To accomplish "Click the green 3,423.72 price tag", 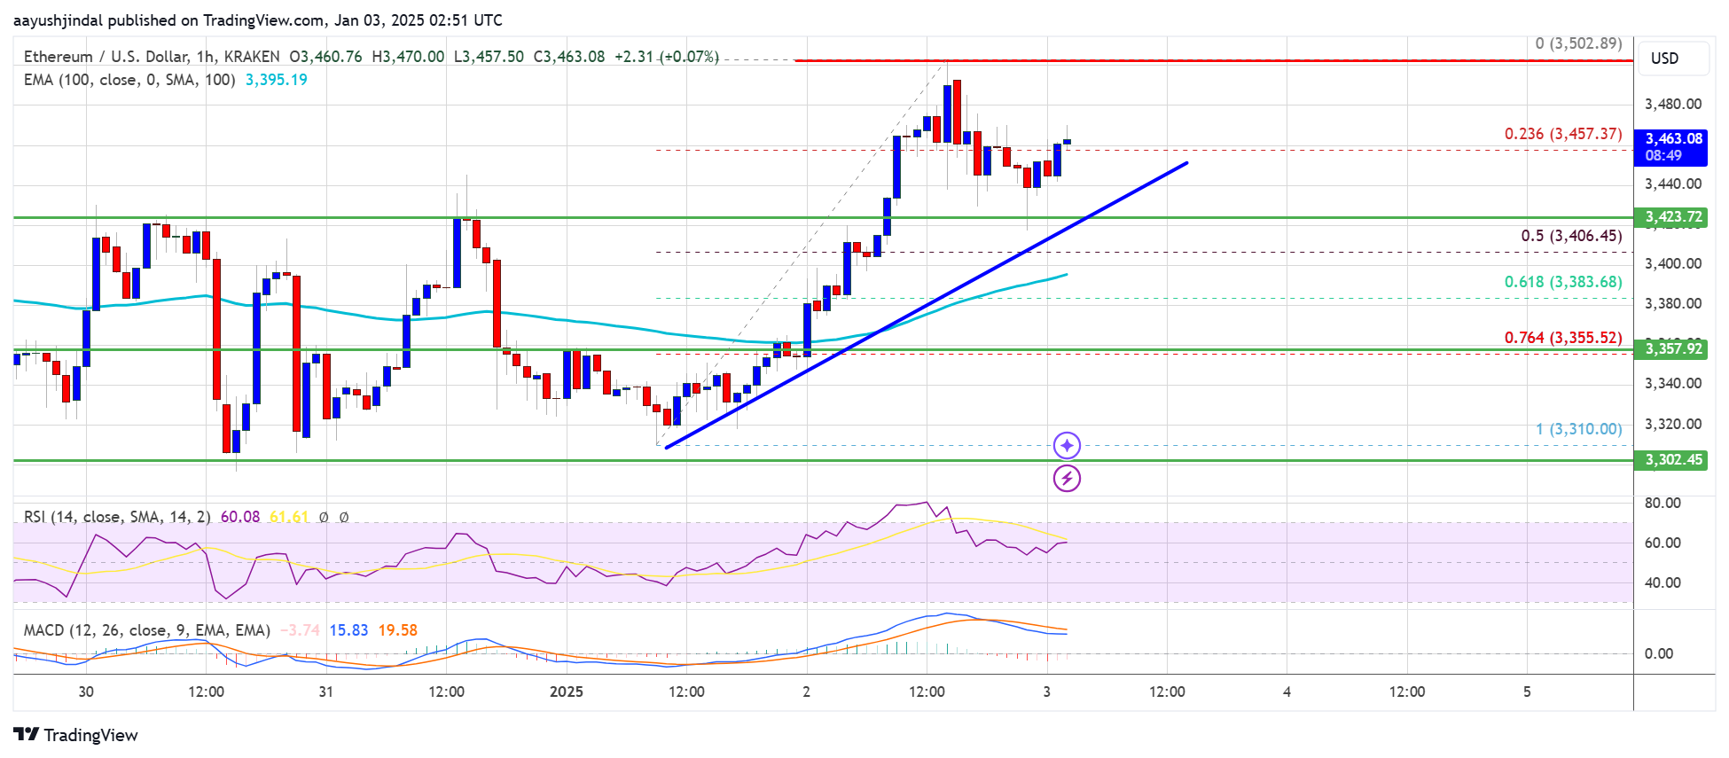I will (x=1672, y=217).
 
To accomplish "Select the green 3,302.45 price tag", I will (x=1672, y=459).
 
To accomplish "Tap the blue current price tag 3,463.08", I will (x=1672, y=146).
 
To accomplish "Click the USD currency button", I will (x=1664, y=59).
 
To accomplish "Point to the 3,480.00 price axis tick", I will (x=1672, y=104).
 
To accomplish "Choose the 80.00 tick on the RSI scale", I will (x=1662, y=503).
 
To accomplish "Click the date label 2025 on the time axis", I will (x=566, y=692).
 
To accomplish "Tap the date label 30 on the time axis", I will (x=86, y=692).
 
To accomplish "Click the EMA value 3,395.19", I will (x=276, y=80).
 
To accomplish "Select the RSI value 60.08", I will (x=240, y=517).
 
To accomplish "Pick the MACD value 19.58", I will (x=397, y=630).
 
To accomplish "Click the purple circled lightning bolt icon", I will (x=1067, y=479).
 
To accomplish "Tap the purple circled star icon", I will (x=1067, y=445).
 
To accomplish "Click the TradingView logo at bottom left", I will (x=76, y=735).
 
